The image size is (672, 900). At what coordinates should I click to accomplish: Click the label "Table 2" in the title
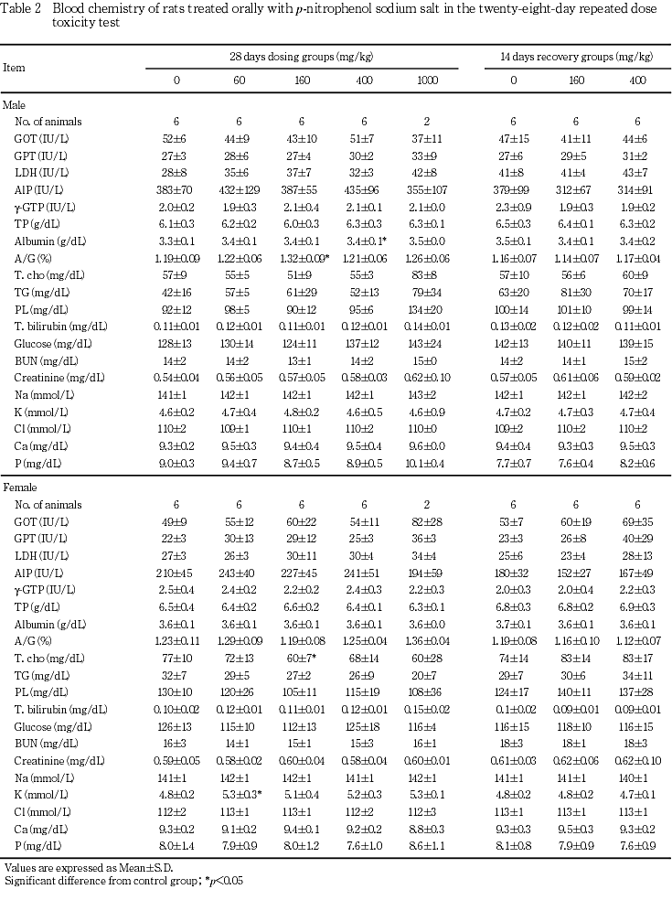(x=23, y=7)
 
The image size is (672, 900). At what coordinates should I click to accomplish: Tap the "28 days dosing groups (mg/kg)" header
(x=301, y=57)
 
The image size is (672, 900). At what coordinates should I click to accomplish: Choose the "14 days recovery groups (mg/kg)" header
(x=576, y=57)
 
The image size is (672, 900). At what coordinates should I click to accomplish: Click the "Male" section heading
(x=14, y=105)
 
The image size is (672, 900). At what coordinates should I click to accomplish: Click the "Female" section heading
(x=20, y=488)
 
